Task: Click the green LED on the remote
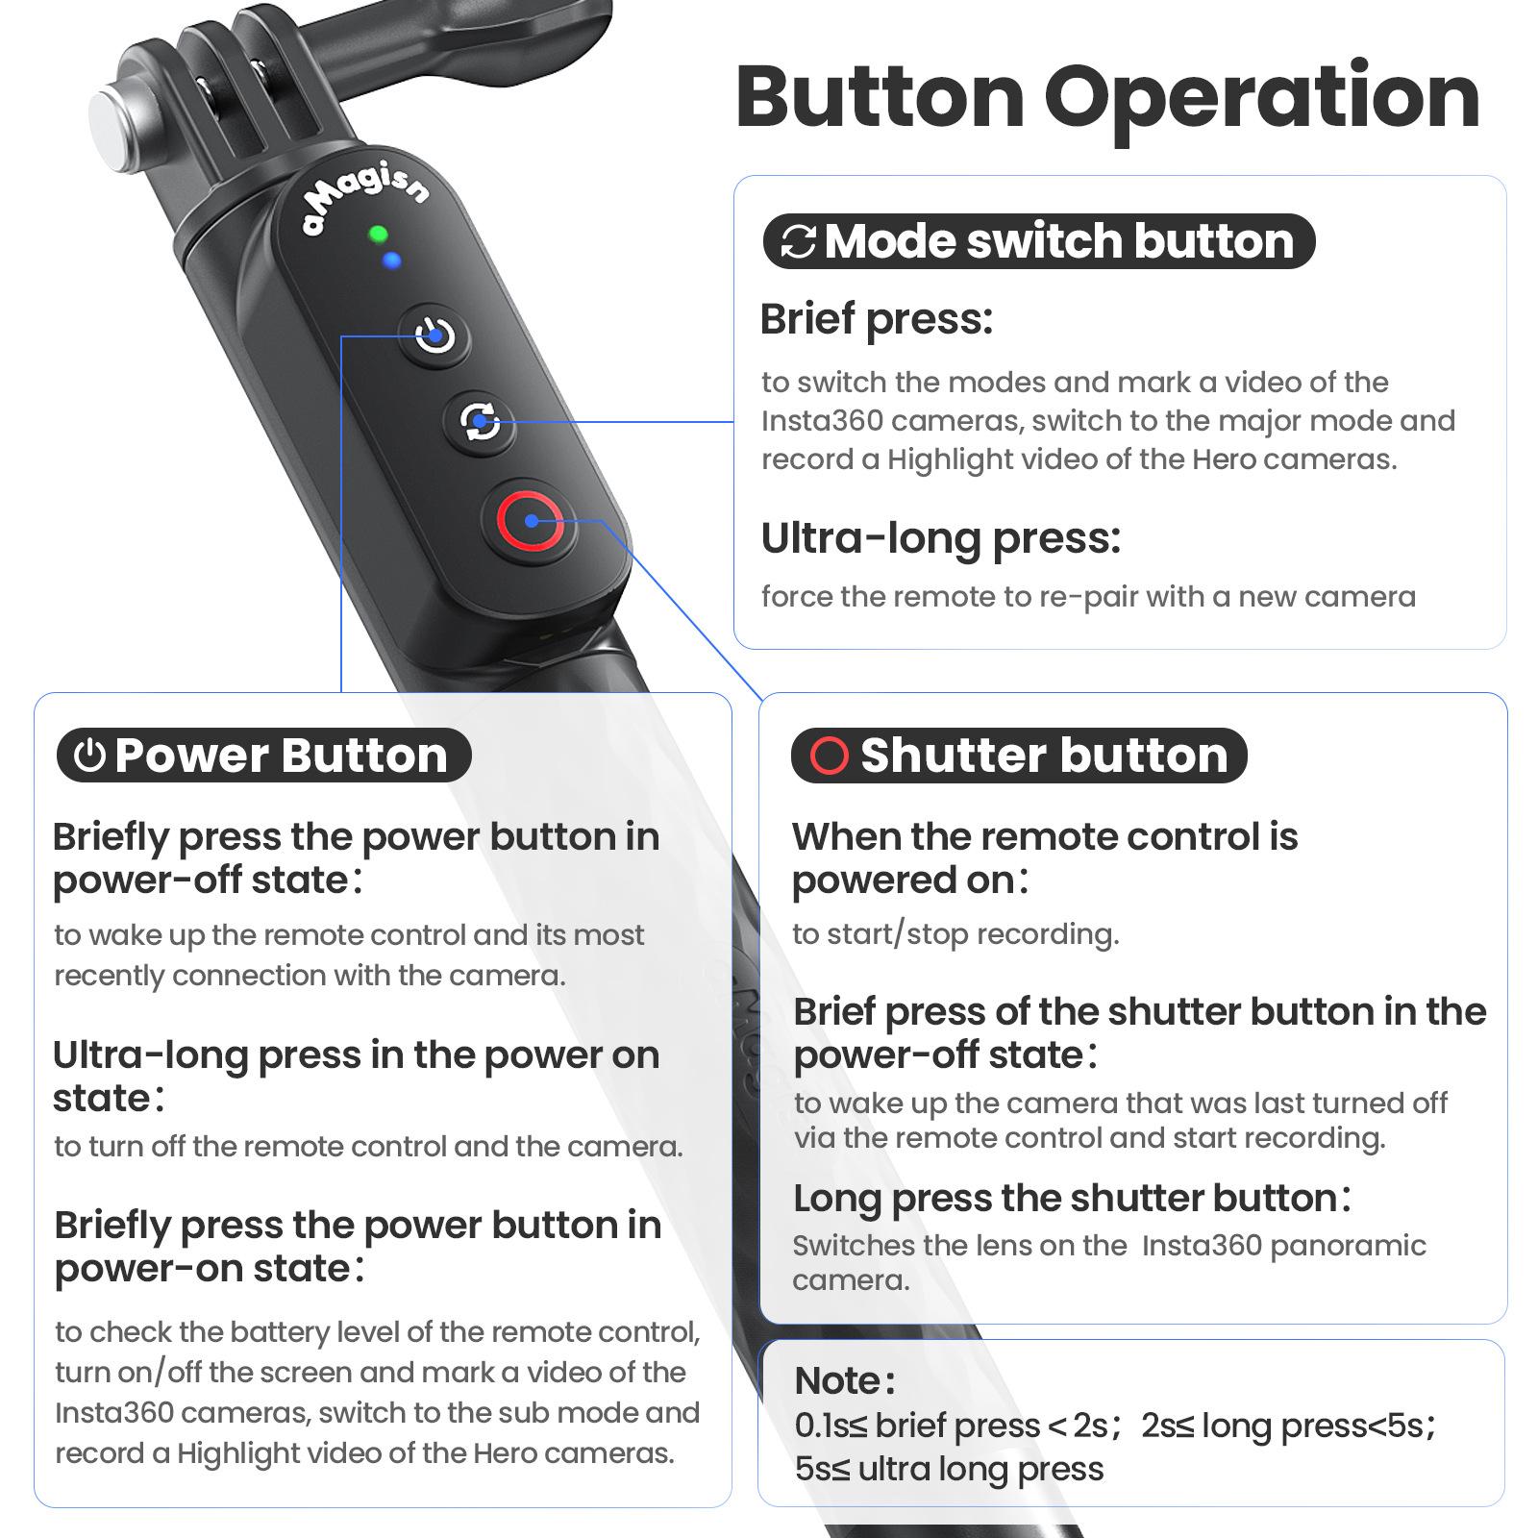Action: [378, 235]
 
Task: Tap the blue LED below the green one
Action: [391, 260]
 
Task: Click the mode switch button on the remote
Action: [479, 421]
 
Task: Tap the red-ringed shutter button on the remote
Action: [531, 521]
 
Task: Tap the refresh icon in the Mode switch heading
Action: [798, 242]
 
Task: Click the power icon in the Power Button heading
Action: [89, 756]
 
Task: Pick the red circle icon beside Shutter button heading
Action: [830, 756]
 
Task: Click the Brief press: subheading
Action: [876, 320]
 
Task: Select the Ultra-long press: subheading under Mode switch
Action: [941, 538]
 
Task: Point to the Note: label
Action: [845, 1380]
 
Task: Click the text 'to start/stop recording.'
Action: [955, 934]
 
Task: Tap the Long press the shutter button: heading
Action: [1072, 1199]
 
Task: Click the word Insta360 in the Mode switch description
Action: [824, 421]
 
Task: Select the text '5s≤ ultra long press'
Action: [949, 1469]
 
